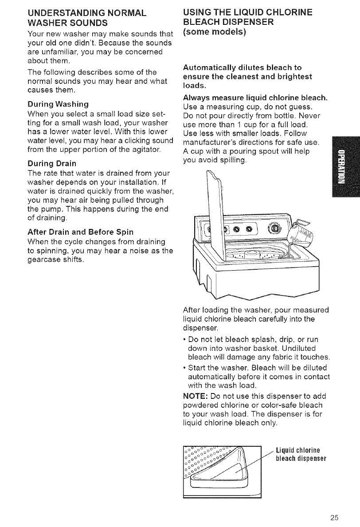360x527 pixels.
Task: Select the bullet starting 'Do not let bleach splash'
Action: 258,345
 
